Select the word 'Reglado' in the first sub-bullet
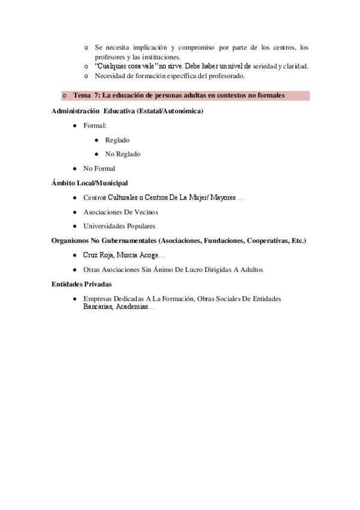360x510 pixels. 117,140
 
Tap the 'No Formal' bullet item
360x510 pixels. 99,168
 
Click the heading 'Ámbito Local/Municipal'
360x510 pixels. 90,183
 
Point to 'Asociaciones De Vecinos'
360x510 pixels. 121,212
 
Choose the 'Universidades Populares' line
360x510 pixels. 119,226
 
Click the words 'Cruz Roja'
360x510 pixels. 97,255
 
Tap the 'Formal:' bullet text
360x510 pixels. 95,126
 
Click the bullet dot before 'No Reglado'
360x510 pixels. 96,155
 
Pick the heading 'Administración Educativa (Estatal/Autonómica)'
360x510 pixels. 127,111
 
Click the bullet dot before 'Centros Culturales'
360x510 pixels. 74,198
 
